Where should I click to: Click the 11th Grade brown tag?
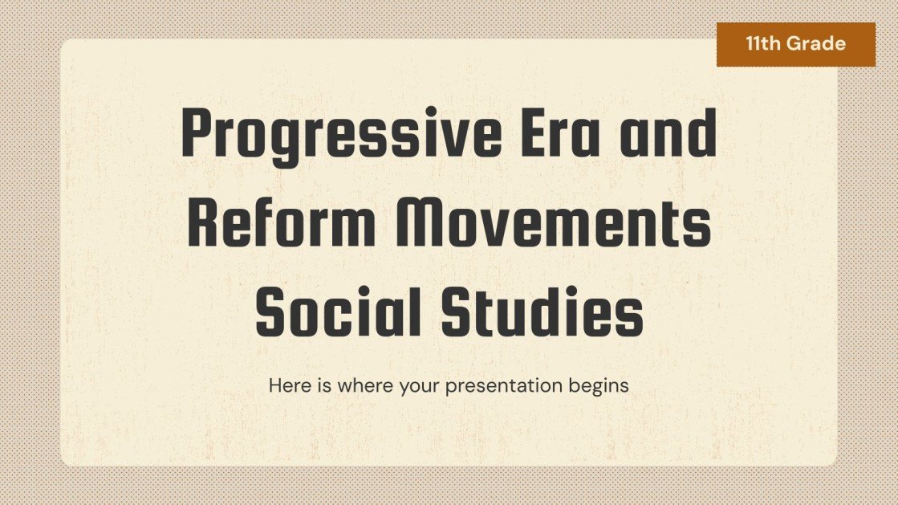click(795, 44)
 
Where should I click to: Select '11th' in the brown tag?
click(764, 44)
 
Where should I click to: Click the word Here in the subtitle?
click(286, 385)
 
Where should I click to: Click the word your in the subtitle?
click(416, 385)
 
